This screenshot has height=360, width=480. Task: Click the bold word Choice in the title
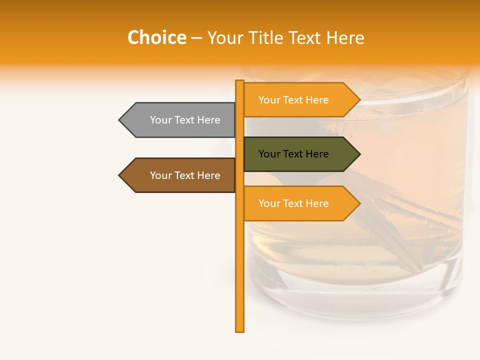pos(156,38)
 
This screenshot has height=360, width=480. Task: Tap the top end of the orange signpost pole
pos(240,81)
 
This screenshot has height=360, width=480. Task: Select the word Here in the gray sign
pos(208,120)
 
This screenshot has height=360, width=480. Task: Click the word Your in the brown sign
pos(161,175)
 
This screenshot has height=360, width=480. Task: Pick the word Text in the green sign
pos(293,154)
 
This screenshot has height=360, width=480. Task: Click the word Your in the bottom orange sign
pos(269,203)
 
